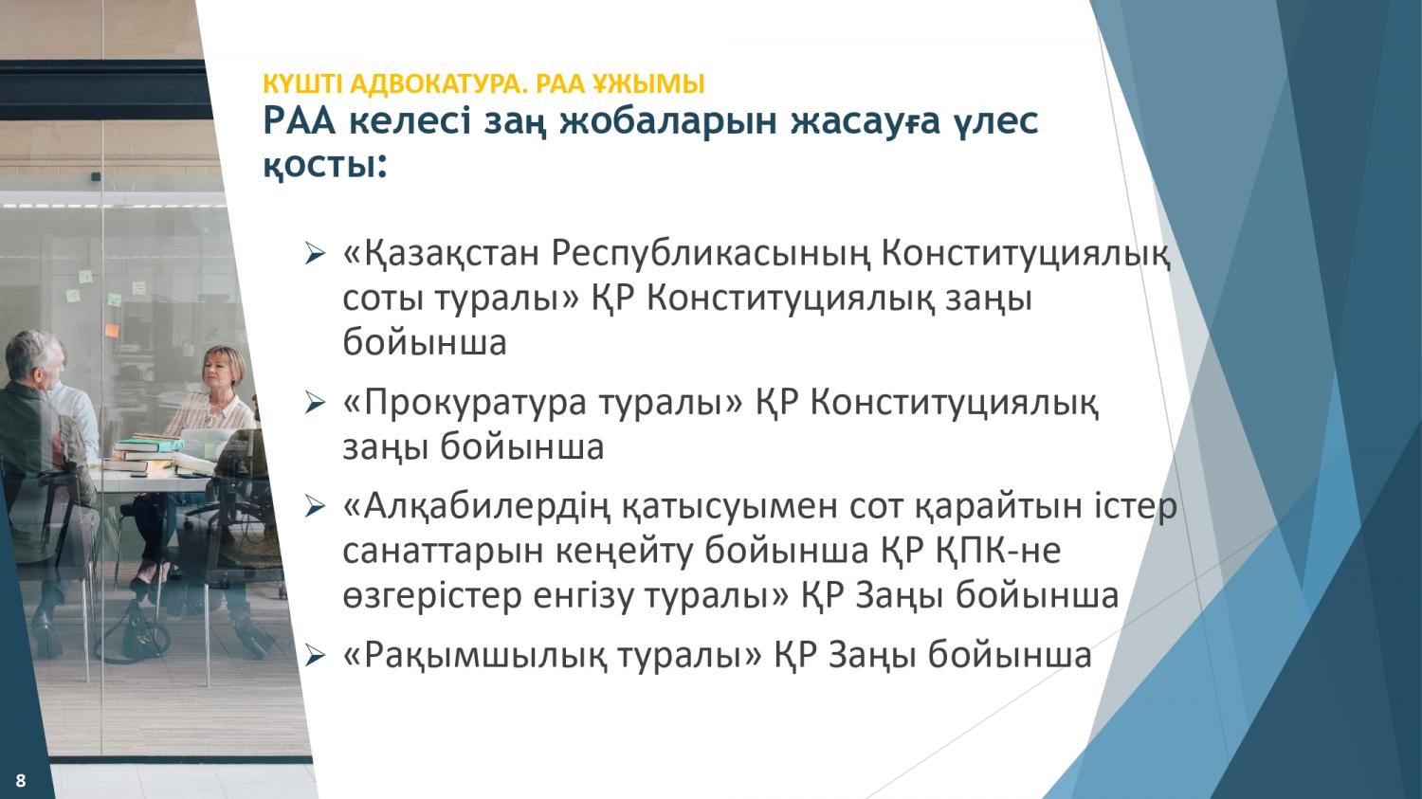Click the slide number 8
[20, 781]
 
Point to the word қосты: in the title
[324, 166]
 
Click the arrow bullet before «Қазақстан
[315, 254]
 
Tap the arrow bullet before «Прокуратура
[315, 403]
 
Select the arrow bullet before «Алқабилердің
[315, 506]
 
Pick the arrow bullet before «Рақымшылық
[315, 655]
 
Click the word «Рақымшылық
[475, 656]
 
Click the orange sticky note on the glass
[112, 330]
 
